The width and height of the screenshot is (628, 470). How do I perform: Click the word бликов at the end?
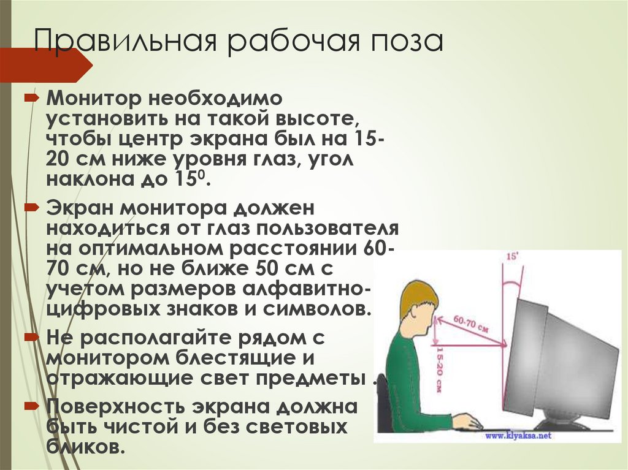[x=85, y=446]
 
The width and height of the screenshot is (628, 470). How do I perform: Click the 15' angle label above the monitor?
[x=510, y=257]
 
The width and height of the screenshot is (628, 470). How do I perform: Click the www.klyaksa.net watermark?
[x=518, y=436]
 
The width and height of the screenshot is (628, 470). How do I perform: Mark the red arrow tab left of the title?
[x=43, y=65]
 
